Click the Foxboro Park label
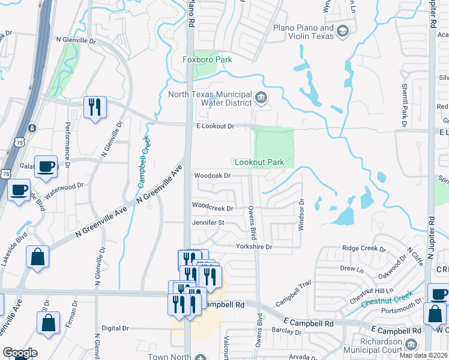(x=207, y=59)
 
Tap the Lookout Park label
(x=259, y=162)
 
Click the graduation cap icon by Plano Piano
(x=343, y=31)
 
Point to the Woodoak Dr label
(x=212, y=176)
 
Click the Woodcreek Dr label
(x=212, y=208)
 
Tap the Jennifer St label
(x=208, y=222)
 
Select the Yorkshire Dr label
(x=254, y=247)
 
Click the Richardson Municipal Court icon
(x=411, y=344)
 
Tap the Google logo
(x=20, y=353)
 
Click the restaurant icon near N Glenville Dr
(x=95, y=107)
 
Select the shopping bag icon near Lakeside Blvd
(x=37, y=256)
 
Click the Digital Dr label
(x=115, y=328)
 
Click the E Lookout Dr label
(x=215, y=126)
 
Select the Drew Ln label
(x=348, y=269)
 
